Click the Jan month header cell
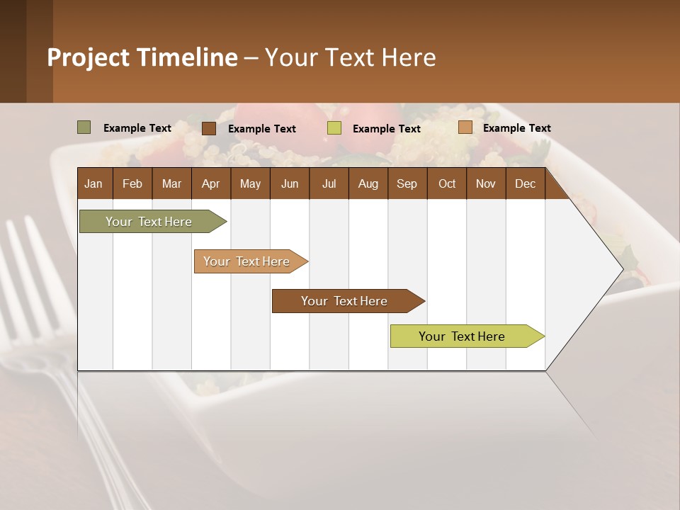[x=94, y=183]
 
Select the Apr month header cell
[x=211, y=183]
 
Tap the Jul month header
[x=329, y=183]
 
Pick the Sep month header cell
[x=407, y=183]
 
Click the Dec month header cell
[x=525, y=183]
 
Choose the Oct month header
[x=447, y=183]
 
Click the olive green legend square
[x=84, y=127]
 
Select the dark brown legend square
[x=209, y=128]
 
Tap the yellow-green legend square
[x=334, y=128]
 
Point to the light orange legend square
[x=465, y=127]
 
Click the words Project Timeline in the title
[x=142, y=57]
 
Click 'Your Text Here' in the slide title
[x=350, y=57]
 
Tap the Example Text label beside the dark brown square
[x=262, y=129]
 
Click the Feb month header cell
[x=132, y=183]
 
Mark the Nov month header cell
[x=486, y=183]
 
